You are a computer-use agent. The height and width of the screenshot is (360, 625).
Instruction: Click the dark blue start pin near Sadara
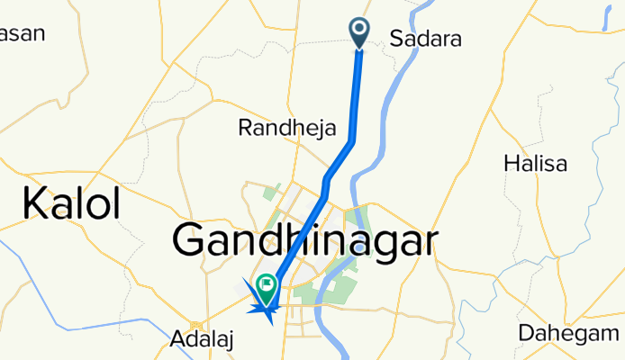(359, 31)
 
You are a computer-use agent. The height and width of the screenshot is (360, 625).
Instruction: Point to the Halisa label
(537, 164)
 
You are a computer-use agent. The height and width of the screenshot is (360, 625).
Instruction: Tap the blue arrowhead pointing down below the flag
(267, 312)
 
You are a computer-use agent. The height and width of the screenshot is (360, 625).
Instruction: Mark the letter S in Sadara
(397, 39)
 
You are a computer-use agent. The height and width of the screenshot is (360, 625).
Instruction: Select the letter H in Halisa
(512, 164)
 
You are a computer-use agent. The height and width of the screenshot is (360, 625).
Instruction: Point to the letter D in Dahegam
(525, 333)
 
